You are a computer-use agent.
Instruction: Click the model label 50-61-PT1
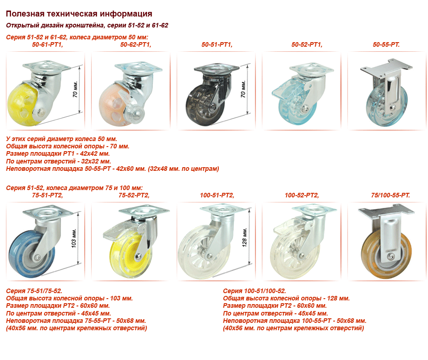tap(48, 44)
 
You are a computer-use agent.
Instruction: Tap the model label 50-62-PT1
tap(135, 44)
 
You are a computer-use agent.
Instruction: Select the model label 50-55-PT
tap(386, 44)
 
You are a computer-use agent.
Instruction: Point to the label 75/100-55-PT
tap(390, 195)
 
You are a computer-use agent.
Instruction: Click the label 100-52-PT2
tap(302, 195)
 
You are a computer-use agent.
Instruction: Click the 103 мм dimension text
tap(74, 239)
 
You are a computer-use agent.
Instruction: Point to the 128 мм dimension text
tap(244, 237)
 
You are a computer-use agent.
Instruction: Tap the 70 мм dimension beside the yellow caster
tap(76, 89)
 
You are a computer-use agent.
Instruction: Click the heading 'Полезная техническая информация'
tap(79, 14)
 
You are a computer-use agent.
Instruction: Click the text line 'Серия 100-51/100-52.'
tap(255, 291)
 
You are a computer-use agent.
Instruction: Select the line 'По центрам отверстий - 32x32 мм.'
tap(59, 161)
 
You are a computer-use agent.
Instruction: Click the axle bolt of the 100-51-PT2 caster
tap(210, 256)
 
